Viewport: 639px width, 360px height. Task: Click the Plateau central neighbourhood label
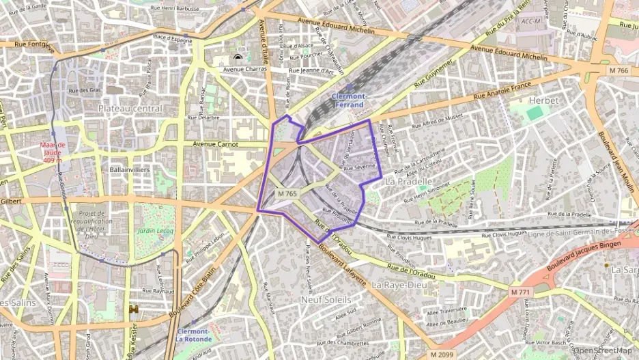pyautogui.click(x=130, y=109)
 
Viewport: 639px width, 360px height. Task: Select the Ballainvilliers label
pyautogui.click(x=130, y=169)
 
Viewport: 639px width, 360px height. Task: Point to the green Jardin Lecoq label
pyautogui.click(x=154, y=232)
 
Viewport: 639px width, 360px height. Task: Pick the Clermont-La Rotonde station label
pyautogui.click(x=193, y=335)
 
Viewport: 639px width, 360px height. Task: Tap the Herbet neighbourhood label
pyautogui.click(x=544, y=100)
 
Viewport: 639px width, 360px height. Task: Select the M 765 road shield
pyautogui.click(x=287, y=195)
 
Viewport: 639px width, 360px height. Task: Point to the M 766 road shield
pyautogui.click(x=619, y=71)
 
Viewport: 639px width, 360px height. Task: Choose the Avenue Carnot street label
pyautogui.click(x=215, y=144)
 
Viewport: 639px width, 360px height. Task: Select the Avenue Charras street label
pyautogui.click(x=243, y=69)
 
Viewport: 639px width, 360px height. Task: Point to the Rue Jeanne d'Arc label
pyautogui.click(x=311, y=70)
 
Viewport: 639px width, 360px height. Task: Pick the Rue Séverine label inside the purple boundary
pyautogui.click(x=360, y=166)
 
